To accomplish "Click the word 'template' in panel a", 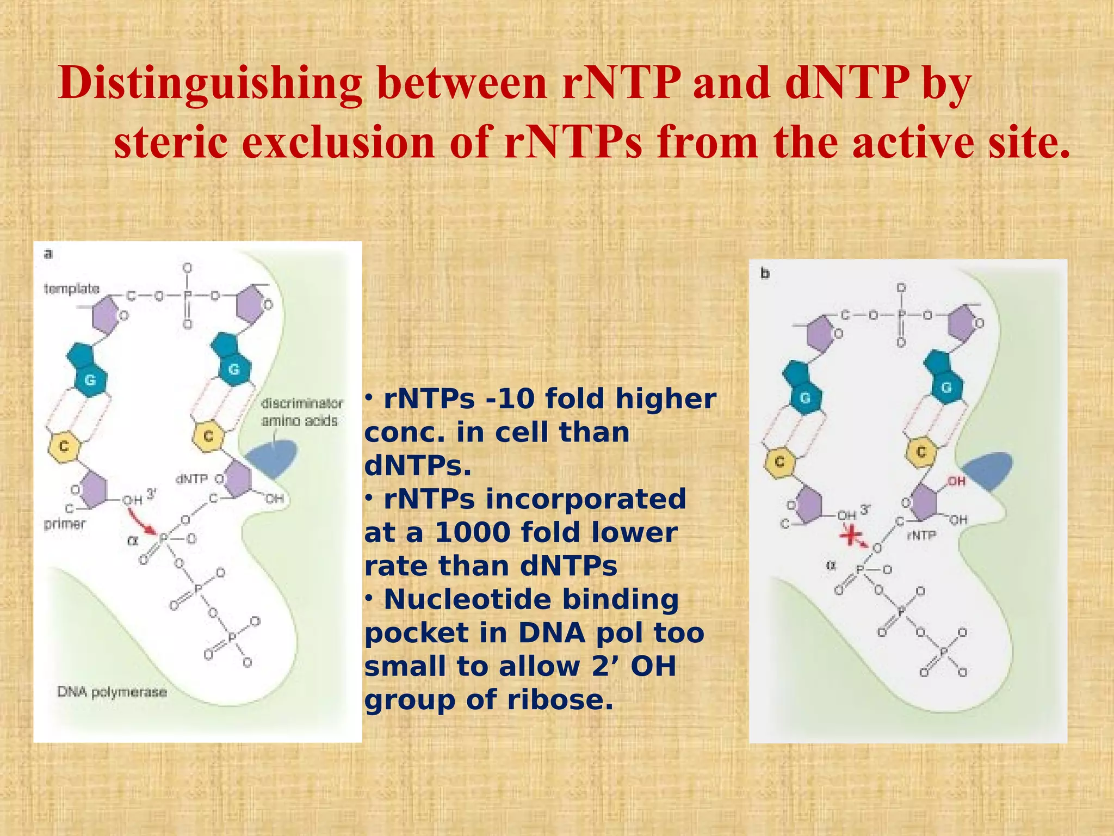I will tap(72, 288).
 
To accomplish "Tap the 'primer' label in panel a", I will tap(65, 524).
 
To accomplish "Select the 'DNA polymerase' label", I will tap(112, 692).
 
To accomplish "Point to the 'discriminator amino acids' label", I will tap(301, 412).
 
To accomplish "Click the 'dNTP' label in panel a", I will tap(191, 479).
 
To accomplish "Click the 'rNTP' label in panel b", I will tap(921, 536).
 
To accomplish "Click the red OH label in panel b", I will tap(956, 481).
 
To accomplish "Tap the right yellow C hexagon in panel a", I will tap(208, 436).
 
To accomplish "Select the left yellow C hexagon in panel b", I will tap(779, 462).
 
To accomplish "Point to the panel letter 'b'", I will tap(765, 273).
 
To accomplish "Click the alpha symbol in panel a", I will tap(132, 540).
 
